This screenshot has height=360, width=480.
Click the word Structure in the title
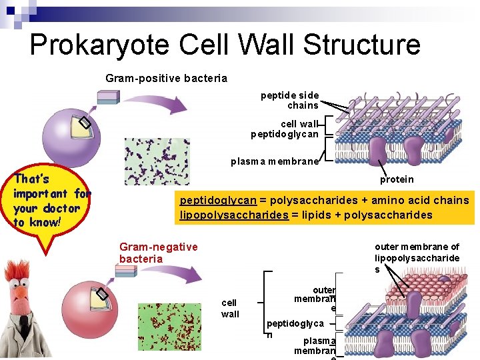click(x=359, y=45)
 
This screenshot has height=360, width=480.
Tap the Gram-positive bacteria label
click(x=166, y=79)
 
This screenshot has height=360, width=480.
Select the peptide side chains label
click(x=290, y=101)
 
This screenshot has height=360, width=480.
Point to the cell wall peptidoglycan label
click(x=285, y=129)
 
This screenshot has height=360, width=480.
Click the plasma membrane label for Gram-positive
click(x=275, y=161)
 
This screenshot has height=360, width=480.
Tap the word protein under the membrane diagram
click(x=397, y=179)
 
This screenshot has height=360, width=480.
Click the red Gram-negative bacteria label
click(x=158, y=253)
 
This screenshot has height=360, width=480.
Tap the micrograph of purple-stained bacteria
click(x=157, y=161)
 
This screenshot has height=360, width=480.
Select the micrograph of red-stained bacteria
click(x=169, y=327)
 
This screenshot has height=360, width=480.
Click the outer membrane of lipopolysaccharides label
click(x=417, y=258)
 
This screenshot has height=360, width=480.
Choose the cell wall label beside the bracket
click(x=230, y=308)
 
